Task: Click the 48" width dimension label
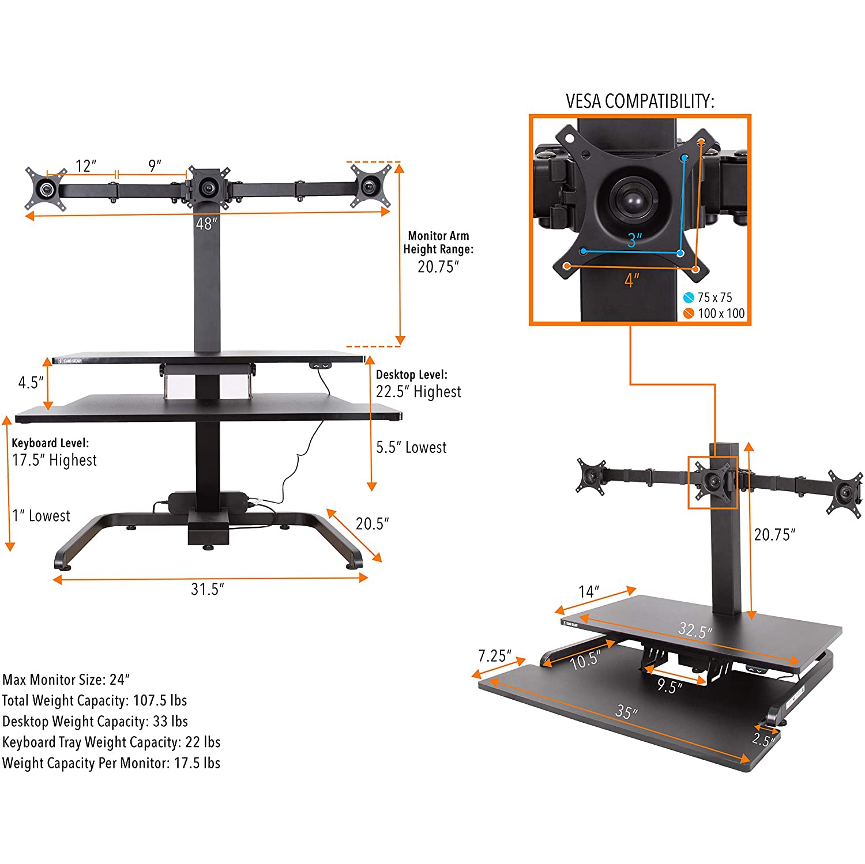[206, 224]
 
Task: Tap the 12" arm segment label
[86, 166]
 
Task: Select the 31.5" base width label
[207, 589]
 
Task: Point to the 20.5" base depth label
[372, 523]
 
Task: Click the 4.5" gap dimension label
[31, 382]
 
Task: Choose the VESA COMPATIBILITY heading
[640, 101]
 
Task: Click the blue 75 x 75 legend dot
[689, 297]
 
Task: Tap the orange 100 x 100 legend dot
[689, 314]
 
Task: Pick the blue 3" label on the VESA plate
[634, 240]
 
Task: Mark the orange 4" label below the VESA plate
[631, 281]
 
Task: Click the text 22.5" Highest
[418, 392]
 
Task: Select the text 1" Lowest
[42, 516]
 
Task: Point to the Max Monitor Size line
[66, 680]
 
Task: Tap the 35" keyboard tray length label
[626, 712]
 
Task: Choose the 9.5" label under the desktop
[669, 686]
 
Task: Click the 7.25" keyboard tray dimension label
[494, 656]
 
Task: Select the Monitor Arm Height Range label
[438, 243]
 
